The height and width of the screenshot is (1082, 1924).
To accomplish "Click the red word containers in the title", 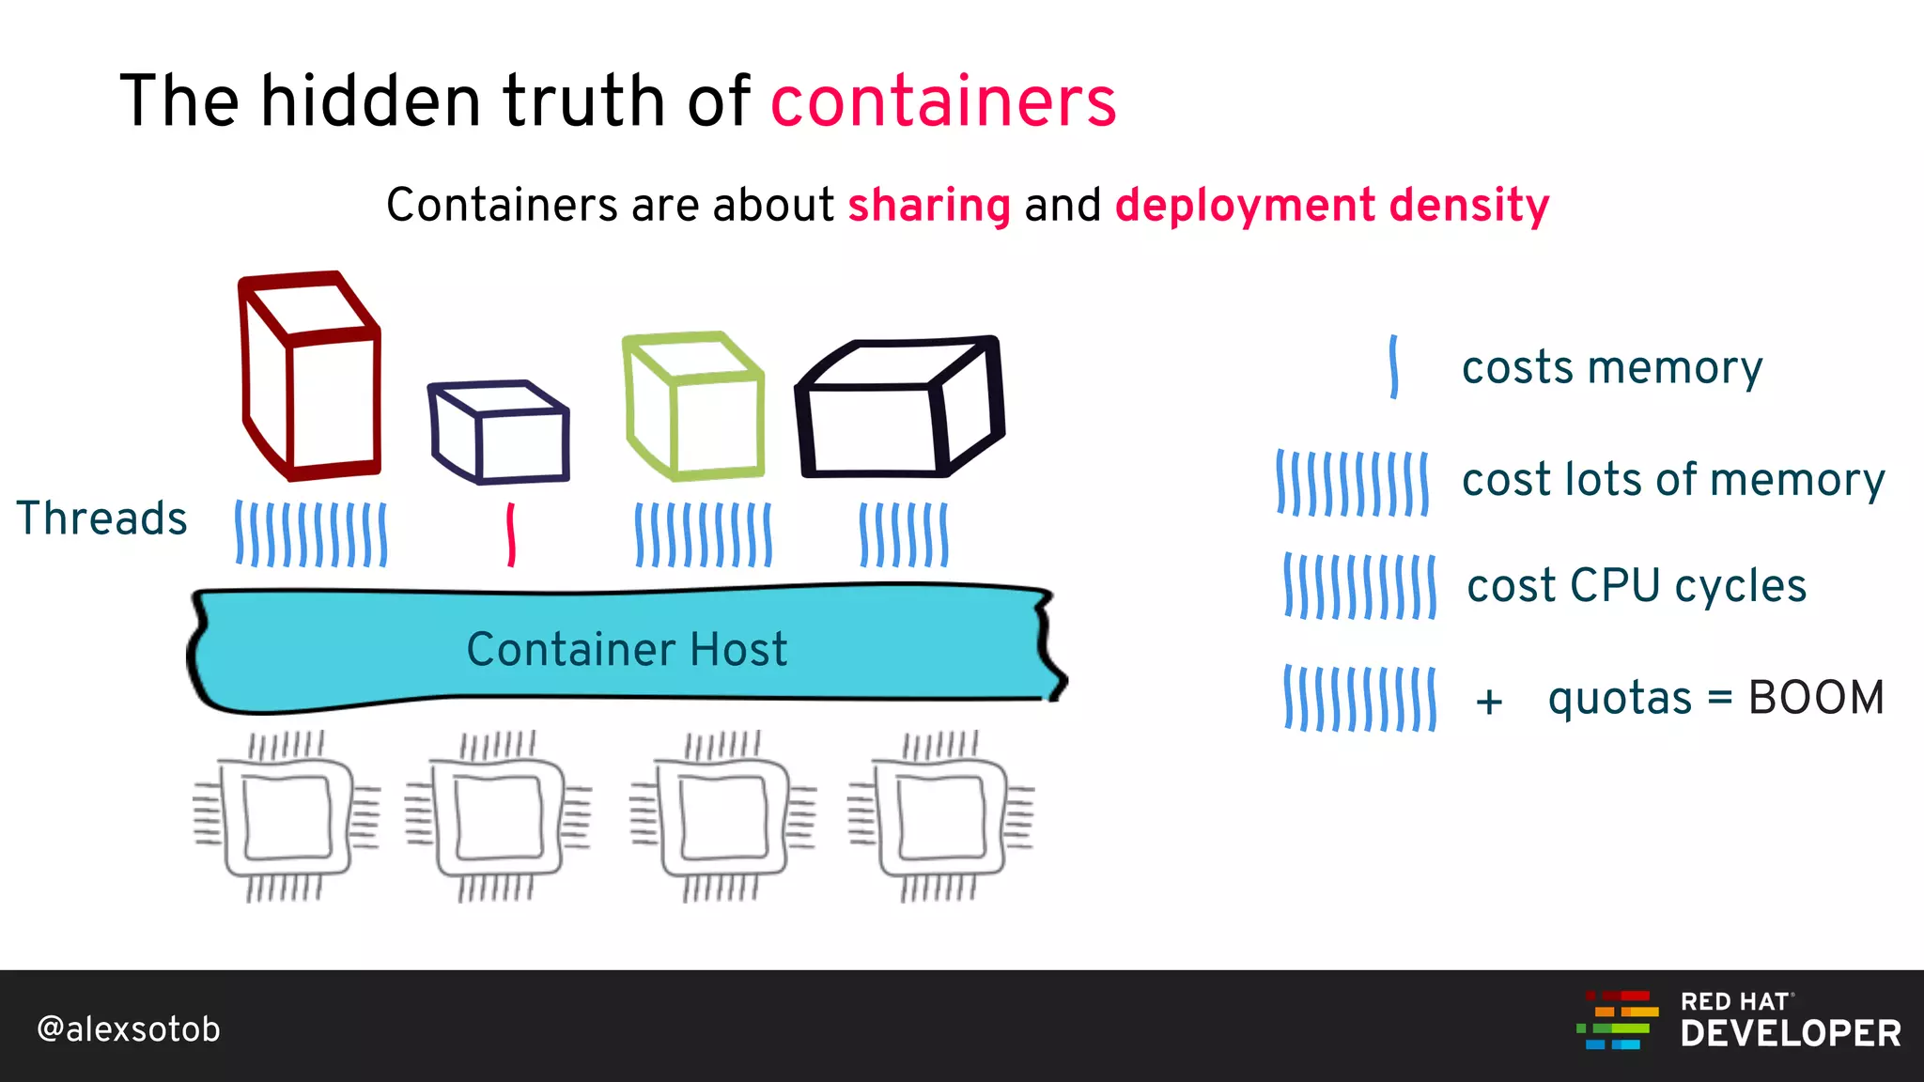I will click(x=943, y=101).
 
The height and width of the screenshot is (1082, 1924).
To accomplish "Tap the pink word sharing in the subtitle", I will click(x=929, y=205).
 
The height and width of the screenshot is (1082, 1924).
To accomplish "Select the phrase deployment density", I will click(x=1332, y=206).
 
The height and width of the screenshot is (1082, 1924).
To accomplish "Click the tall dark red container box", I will click(x=311, y=377).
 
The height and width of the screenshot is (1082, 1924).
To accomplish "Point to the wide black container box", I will click(x=899, y=409).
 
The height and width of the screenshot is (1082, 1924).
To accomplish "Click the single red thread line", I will click(x=511, y=534).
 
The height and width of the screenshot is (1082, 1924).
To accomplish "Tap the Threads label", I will click(x=101, y=518).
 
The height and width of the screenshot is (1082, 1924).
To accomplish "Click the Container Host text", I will click(x=627, y=650).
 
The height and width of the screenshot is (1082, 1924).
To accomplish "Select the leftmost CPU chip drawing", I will click(x=287, y=816).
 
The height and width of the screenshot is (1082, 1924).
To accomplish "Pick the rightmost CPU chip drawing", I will click(x=940, y=816).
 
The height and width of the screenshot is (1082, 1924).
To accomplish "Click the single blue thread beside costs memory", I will click(x=1394, y=367).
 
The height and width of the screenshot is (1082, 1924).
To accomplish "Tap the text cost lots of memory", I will click(x=1673, y=480).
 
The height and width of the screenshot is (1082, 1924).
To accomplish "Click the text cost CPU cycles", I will click(x=1637, y=586).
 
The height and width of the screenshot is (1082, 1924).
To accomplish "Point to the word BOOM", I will click(x=1816, y=698).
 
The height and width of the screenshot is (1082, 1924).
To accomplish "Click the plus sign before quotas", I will click(x=1489, y=702).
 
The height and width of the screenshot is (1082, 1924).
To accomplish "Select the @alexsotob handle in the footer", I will click(x=129, y=1029).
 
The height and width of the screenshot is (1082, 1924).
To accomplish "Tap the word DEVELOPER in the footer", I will click(x=1791, y=1034).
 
